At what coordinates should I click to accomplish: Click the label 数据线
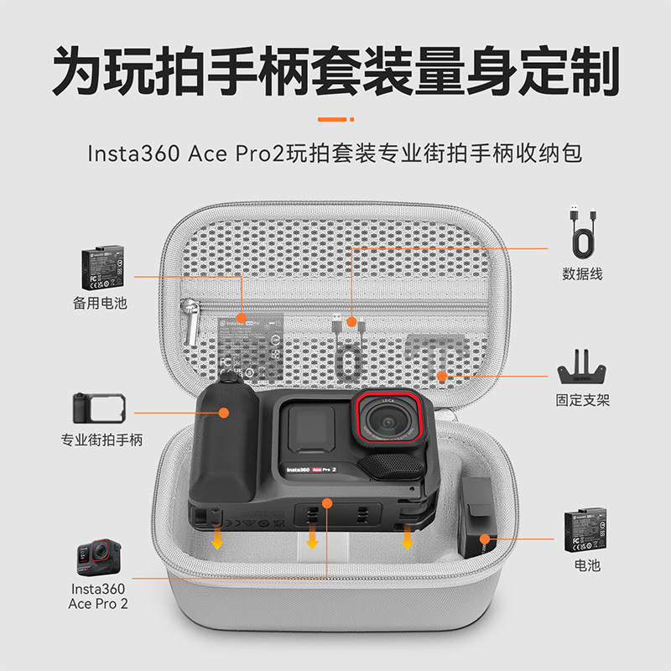582,274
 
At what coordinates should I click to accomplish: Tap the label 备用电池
100,304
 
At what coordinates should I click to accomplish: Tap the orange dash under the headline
335,119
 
